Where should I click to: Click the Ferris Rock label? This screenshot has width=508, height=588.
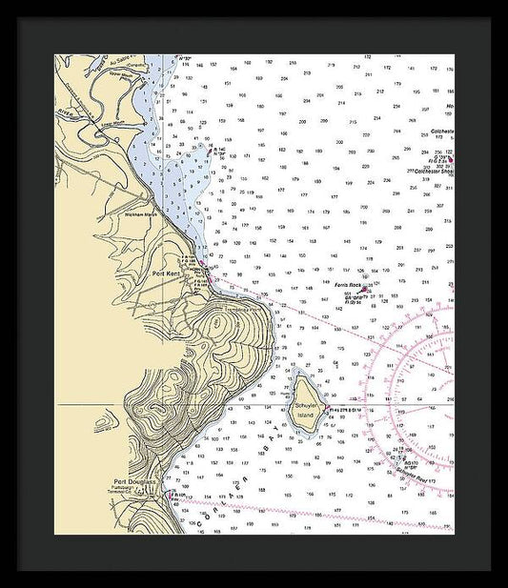(x=348, y=285)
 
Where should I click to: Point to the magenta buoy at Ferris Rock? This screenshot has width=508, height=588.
(x=363, y=290)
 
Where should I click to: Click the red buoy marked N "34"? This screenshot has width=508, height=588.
(x=209, y=149)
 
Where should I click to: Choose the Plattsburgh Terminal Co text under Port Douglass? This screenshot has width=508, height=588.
(x=129, y=490)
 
